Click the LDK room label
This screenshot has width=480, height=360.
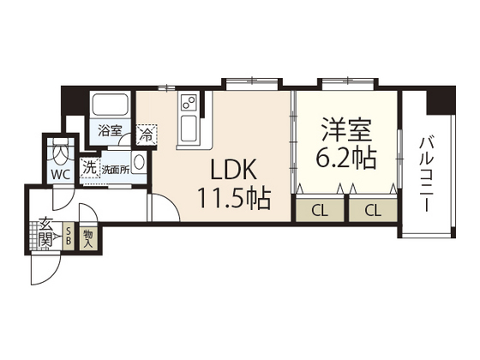234,170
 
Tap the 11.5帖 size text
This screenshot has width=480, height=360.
235,198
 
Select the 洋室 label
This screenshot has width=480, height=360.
346,129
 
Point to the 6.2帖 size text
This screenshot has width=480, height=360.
346,158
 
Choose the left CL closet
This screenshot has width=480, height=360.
321,210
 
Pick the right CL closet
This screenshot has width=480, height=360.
373,210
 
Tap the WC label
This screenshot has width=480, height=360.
61,175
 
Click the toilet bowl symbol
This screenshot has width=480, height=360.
61,151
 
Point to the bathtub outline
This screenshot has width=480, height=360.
111,105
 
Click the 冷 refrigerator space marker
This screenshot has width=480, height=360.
147,135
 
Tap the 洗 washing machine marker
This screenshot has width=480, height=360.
90,168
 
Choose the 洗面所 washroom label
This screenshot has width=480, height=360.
116,170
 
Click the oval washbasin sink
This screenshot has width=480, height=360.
139,162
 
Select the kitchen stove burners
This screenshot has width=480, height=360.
189,102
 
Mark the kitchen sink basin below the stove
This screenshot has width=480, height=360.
189,129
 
